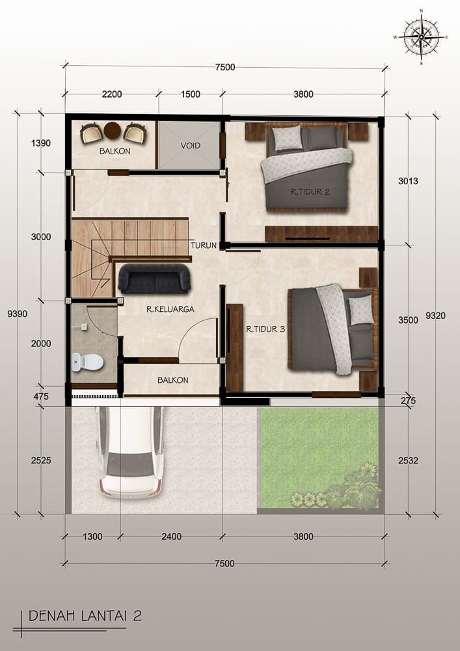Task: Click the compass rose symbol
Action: [421, 37]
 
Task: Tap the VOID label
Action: [191, 146]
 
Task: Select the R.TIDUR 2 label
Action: [310, 192]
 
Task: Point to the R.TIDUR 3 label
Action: [265, 329]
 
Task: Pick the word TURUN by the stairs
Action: [204, 245]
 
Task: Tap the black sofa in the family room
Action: [154, 278]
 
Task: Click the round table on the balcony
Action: [113, 130]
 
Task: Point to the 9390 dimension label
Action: [18, 314]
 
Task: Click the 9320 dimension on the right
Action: [435, 316]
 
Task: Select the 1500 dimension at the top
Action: [191, 94]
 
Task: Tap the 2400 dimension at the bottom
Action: [171, 536]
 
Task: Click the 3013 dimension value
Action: [408, 181]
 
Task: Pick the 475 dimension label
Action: [40, 396]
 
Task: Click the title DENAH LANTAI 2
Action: [85, 616]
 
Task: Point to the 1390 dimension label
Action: [40, 143]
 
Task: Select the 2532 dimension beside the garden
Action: [408, 460]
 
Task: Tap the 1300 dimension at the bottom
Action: [92, 536]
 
